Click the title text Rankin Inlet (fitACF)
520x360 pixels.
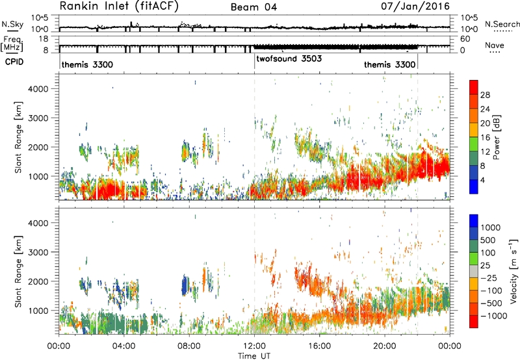point(119,6)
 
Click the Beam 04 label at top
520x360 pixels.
point(253,7)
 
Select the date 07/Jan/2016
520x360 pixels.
point(415,6)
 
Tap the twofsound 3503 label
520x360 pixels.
point(289,58)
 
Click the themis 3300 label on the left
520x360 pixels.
point(87,64)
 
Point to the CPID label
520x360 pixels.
point(14,62)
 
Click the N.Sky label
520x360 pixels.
point(12,24)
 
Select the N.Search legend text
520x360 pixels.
point(502,24)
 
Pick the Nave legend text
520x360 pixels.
point(495,45)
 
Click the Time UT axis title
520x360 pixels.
point(254,356)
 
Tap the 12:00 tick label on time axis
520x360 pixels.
point(254,346)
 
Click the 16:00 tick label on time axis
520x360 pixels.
point(319,346)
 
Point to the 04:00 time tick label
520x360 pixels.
point(124,346)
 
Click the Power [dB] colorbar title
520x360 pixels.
point(496,137)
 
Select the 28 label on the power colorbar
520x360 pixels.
point(485,95)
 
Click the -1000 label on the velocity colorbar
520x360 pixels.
point(494,316)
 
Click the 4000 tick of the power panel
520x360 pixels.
point(38,89)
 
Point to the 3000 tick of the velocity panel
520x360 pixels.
point(38,252)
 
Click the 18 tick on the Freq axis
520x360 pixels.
point(44,39)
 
